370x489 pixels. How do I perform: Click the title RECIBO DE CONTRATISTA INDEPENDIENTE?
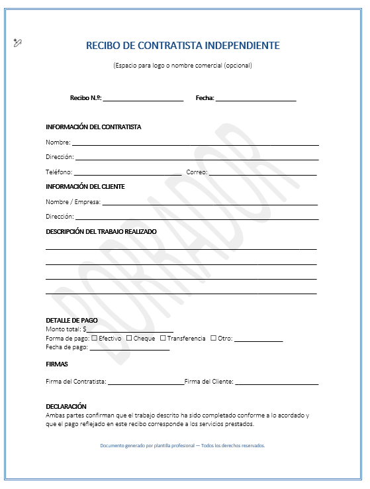pyautogui.click(x=183, y=46)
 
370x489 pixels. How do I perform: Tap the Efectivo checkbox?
pyautogui.click(x=94, y=338)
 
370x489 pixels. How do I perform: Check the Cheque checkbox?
pyautogui.click(x=129, y=338)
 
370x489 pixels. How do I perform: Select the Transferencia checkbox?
pyautogui.click(x=163, y=338)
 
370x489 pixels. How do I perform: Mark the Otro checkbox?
pyautogui.click(x=213, y=338)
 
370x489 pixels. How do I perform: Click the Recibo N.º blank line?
pyautogui.click(x=143, y=99)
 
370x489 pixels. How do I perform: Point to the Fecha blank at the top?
pyautogui.click(x=255, y=99)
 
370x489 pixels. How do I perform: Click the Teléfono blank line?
pyautogui.click(x=128, y=174)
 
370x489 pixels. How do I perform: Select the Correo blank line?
pyautogui.click(x=263, y=174)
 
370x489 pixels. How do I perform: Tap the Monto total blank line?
pyautogui.click(x=130, y=330)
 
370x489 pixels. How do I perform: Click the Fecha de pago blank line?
pyautogui.click(x=130, y=348)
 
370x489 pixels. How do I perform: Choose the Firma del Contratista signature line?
pyautogui.click(x=146, y=383)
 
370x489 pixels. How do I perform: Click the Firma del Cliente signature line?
pyautogui.click(x=277, y=383)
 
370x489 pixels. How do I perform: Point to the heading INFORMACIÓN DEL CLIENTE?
pyautogui.click(x=85, y=187)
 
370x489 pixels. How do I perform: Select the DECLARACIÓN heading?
pyautogui.click(x=66, y=406)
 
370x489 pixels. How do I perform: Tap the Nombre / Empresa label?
pyautogui.click(x=73, y=202)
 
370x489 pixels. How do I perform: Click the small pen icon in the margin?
pyautogui.click(x=18, y=43)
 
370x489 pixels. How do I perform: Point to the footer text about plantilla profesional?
pyautogui.click(x=183, y=446)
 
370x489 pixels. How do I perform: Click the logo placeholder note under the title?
pyautogui.click(x=183, y=66)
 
